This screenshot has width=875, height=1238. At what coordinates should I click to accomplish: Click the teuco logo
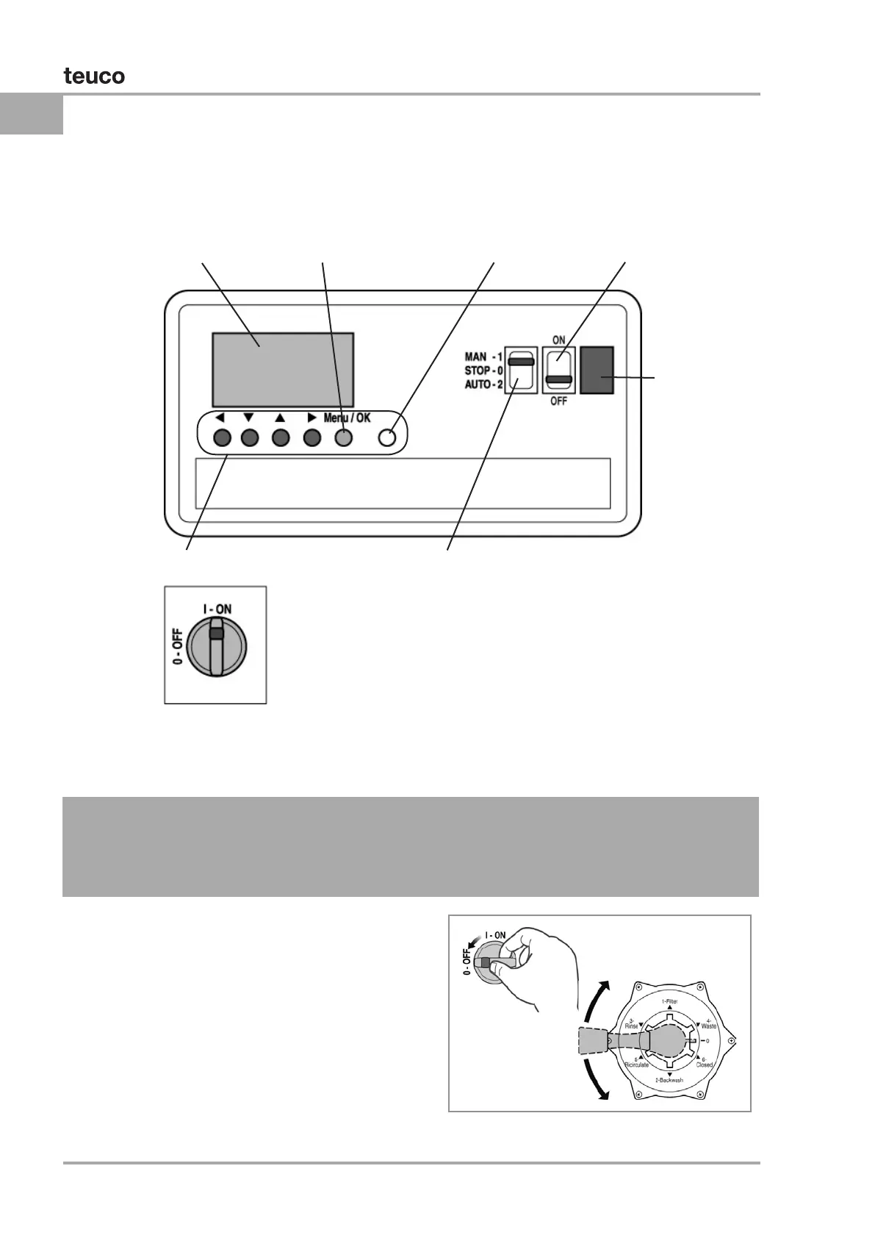pos(94,76)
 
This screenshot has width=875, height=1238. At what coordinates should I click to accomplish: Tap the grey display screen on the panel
pos(283,370)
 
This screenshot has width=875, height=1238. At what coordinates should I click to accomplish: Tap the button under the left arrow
pos(222,438)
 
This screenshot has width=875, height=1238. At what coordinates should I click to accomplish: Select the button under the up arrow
pos(281,438)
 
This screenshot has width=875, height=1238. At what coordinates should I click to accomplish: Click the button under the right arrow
pos(312,438)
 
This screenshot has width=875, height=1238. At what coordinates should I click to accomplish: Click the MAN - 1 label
pos(483,357)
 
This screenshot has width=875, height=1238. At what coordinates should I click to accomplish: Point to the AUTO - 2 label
pos(483,384)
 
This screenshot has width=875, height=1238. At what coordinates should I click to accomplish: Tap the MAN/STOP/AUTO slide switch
pos(521,371)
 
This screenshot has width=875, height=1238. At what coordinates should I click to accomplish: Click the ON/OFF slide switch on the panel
pos(559,371)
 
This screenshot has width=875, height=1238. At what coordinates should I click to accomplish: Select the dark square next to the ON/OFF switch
pos(597,371)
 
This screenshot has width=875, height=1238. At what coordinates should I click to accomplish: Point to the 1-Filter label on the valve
pos(669,1001)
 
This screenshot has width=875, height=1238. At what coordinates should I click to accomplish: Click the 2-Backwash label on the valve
pos(669,1080)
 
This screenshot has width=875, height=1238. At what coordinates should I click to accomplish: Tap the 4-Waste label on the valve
pos(708,1023)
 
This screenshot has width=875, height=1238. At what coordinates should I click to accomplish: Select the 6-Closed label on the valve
pos(704,1062)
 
